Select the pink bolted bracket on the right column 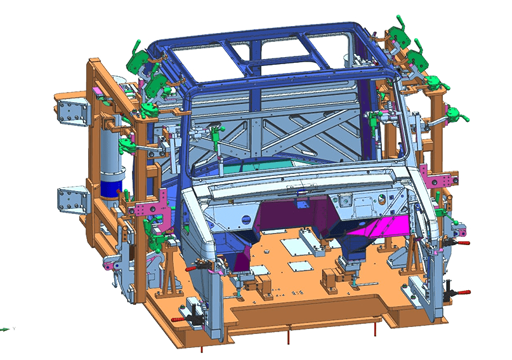tap(445, 180)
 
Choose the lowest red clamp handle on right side tap(463, 293)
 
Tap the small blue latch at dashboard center tap(303, 190)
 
